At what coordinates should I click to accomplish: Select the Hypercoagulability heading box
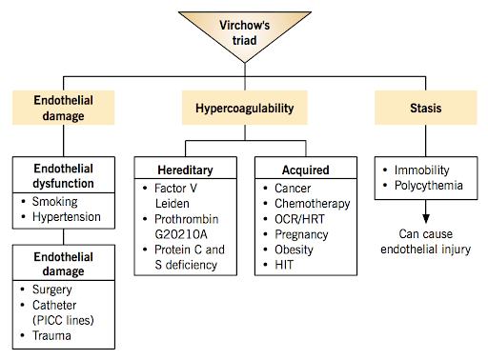pos(245,108)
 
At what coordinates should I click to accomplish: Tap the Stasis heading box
pos(426,108)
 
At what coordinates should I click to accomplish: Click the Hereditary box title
pos(186,170)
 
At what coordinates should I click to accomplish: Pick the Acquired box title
pos(306,170)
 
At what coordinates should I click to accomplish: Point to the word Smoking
pos(54,202)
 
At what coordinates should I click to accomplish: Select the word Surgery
pos(52,290)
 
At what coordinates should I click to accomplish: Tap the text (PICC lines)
pos(63,320)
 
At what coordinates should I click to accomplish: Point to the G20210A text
pos(181,234)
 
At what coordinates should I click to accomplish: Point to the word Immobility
pos(422,170)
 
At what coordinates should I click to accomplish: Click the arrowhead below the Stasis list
pos(426,219)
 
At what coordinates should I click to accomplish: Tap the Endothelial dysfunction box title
pos(64,176)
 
